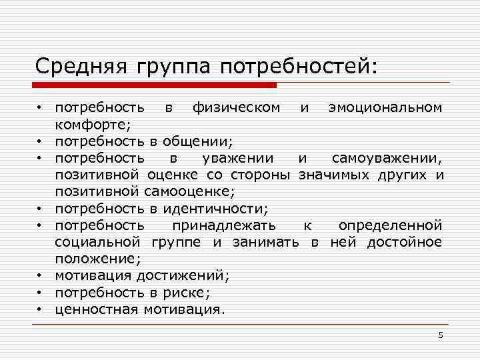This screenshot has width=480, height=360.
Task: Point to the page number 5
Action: point(440,335)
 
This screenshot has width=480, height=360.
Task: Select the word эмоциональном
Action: point(385,107)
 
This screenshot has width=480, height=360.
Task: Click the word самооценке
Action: point(189,192)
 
